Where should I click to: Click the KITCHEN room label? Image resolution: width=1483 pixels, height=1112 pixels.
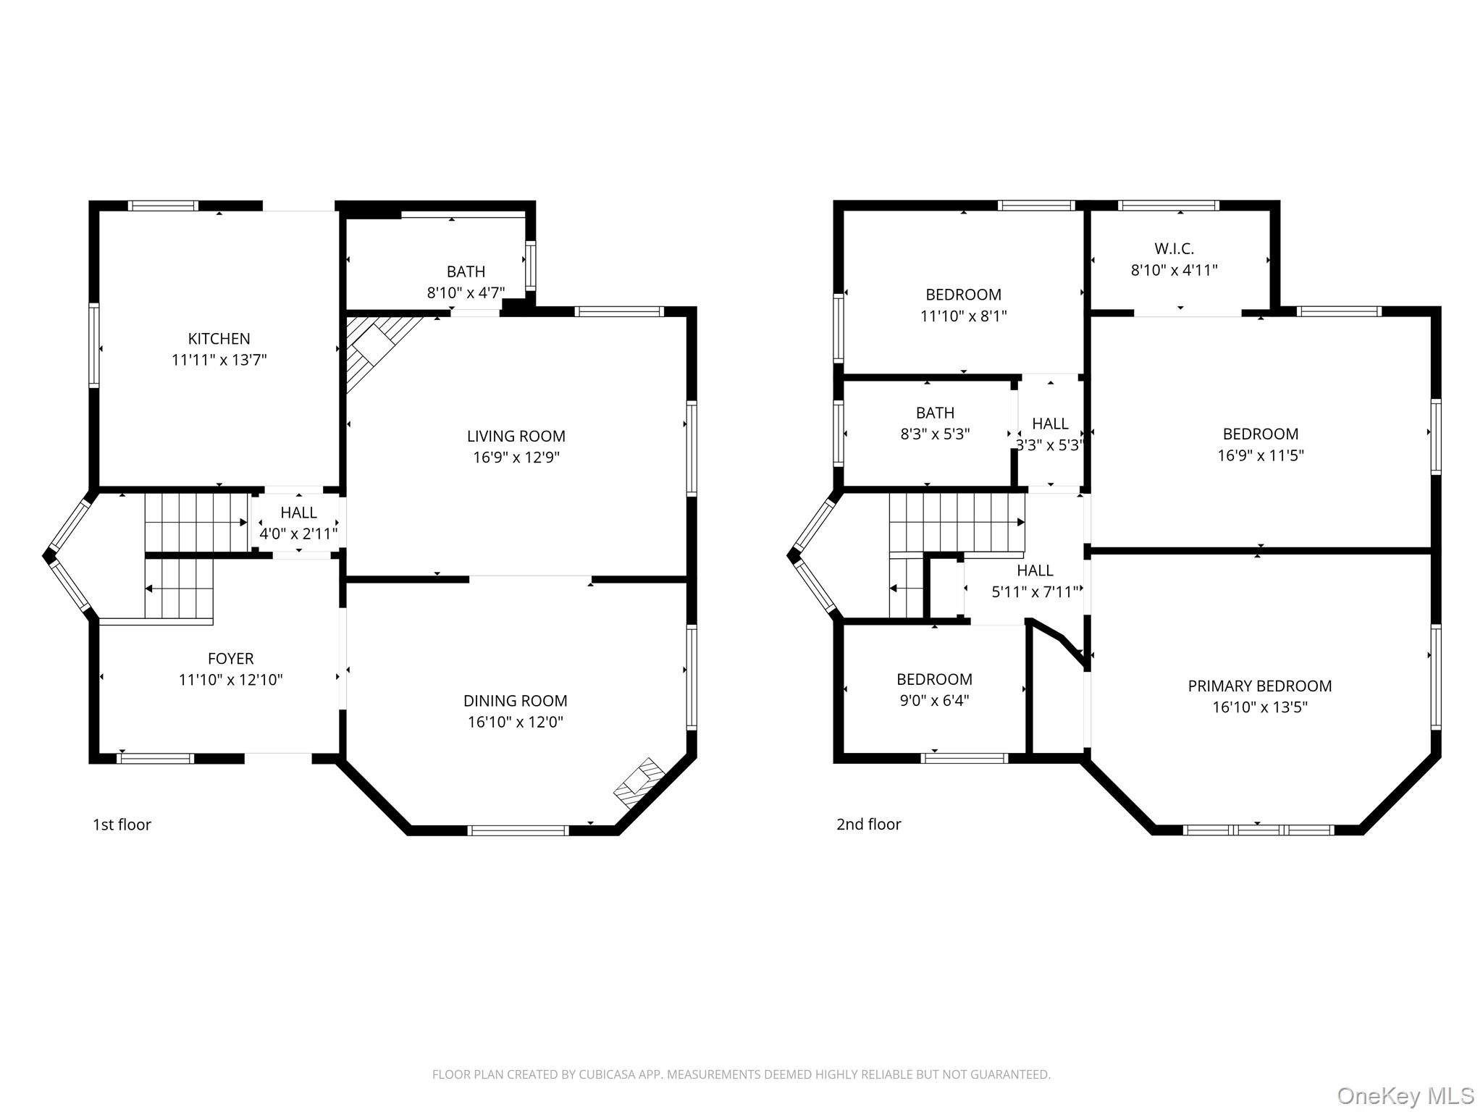pos(219,338)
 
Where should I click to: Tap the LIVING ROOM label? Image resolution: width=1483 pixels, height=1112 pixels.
pos(516,436)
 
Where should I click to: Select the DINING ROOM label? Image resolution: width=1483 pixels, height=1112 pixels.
pos(515,700)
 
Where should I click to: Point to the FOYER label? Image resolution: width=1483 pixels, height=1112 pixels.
pos(230,658)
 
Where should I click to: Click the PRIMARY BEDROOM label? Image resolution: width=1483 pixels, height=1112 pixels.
pos(1259,686)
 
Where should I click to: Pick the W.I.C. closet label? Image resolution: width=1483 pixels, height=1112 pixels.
pos(1174,248)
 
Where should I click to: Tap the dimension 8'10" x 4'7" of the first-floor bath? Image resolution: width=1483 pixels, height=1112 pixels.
pos(466,292)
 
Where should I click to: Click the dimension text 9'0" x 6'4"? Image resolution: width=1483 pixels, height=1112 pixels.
pos(934,700)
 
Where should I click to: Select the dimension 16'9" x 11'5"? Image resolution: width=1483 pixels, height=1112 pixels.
pos(1260,455)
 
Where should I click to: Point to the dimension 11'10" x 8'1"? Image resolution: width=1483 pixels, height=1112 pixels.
pos(963,316)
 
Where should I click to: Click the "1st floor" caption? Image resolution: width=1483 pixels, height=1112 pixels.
pos(122,825)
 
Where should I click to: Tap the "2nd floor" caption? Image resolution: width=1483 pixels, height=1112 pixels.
pos(868,824)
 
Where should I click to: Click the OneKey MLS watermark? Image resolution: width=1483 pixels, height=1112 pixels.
pos(1406,1095)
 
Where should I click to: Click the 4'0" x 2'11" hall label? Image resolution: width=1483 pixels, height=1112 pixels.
pos(298,534)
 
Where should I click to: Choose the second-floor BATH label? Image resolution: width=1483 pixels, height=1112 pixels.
pos(935,413)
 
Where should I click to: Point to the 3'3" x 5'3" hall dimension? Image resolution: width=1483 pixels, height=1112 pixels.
pos(1049,445)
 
